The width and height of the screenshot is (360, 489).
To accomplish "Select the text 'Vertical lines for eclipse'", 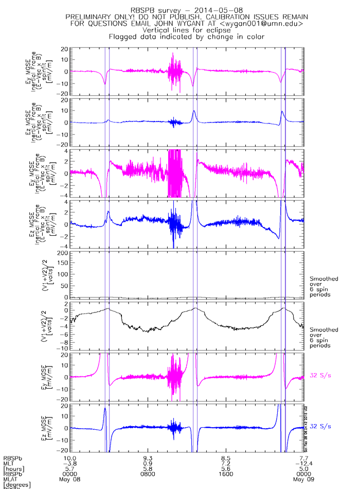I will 186,30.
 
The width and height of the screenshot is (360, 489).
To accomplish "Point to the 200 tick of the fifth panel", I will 63,254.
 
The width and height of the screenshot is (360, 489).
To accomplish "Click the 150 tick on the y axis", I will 63,265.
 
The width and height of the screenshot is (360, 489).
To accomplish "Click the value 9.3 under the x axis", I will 148,457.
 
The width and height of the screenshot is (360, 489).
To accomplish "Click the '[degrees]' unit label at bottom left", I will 17,485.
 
